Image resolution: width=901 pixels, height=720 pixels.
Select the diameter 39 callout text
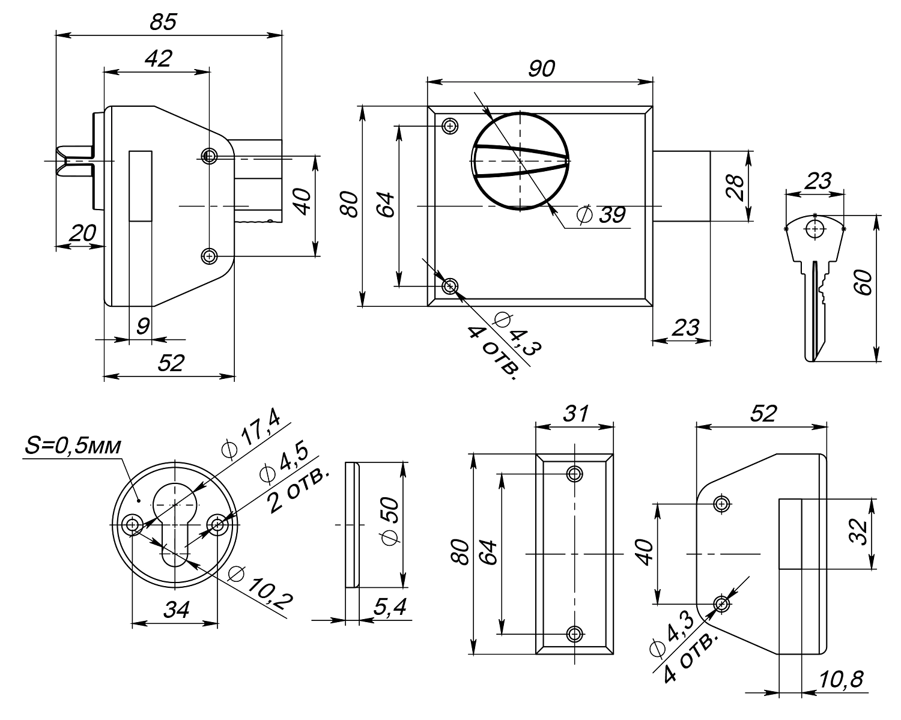point(601,214)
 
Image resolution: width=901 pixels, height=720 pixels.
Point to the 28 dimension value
point(734,186)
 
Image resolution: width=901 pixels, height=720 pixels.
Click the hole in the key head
point(815,229)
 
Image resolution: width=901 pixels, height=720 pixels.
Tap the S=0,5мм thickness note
point(73,446)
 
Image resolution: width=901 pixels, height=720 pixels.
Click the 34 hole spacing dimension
point(176,610)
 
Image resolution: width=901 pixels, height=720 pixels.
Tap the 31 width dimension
point(574,413)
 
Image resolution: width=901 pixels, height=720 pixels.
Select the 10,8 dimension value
point(841,680)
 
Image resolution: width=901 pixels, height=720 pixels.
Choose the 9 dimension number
point(142,327)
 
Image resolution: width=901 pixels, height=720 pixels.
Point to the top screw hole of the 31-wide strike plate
point(575,474)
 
